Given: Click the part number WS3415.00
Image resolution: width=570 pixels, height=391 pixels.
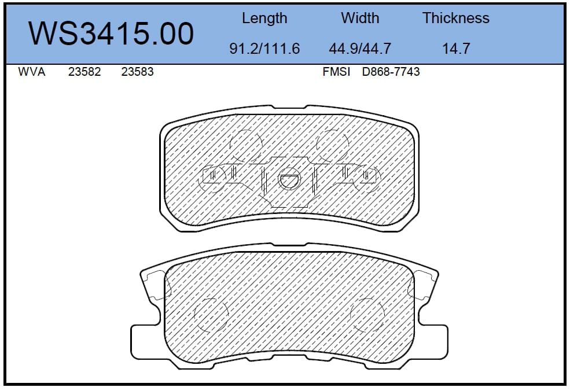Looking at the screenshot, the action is click(111, 34).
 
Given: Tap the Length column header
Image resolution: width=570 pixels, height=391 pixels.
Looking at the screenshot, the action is click(264, 18).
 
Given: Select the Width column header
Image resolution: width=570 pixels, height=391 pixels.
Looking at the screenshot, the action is click(360, 18).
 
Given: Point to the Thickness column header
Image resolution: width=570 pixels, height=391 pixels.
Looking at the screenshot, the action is click(456, 18).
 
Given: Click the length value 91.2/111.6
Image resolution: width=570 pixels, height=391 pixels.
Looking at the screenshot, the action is click(264, 49).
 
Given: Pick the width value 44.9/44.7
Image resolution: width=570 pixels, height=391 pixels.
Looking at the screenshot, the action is click(360, 49).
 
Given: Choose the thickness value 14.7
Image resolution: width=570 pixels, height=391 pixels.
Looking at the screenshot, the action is click(456, 49).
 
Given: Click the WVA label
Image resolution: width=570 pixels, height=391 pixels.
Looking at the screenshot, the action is click(32, 72).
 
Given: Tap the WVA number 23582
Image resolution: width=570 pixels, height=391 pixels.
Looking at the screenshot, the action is click(84, 72).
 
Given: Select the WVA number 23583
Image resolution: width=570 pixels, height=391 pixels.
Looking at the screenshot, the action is click(137, 72).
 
